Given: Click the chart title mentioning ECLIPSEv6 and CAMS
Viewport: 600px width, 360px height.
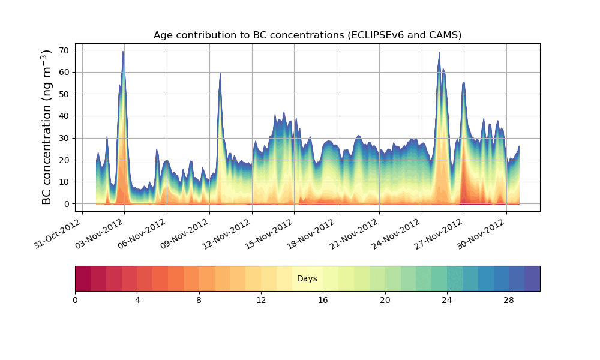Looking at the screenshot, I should [307, 35].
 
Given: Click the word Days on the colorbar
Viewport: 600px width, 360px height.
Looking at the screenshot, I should [307, 279].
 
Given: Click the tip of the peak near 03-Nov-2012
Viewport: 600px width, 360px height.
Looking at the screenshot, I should [123, 51].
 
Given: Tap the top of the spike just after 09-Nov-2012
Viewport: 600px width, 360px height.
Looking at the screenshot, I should [220, 73].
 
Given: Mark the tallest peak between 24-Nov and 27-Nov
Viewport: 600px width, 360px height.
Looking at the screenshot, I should [439, 52].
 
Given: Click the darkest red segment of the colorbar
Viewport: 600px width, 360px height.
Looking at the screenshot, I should [83, 278].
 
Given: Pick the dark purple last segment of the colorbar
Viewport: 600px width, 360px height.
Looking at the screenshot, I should [532, 278].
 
